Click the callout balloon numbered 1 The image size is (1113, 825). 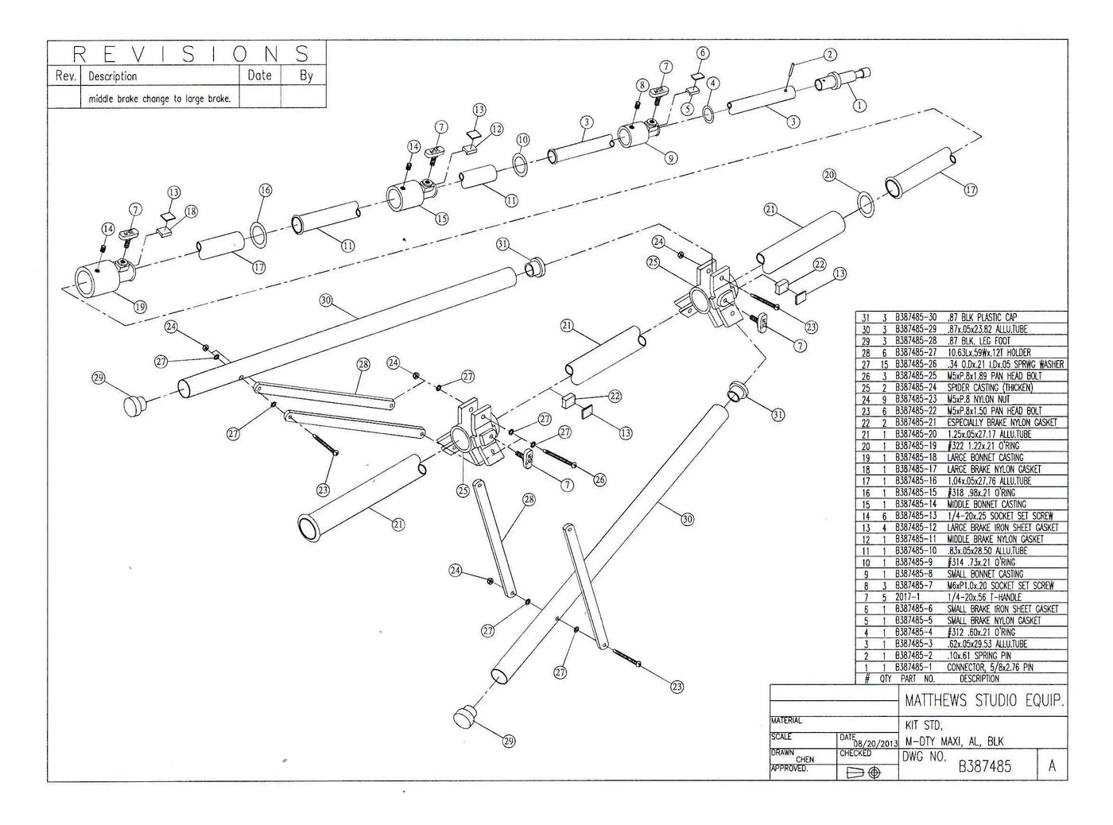tap(859, 104)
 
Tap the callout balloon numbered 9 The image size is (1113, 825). tap(671, 158)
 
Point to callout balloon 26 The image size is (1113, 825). tap(598, 479)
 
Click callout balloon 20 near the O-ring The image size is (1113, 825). tap(829, 175)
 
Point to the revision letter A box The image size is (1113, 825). tap(1052, 765)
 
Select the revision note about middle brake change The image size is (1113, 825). tap(159, 99)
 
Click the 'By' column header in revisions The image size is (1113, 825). tap(306, 76)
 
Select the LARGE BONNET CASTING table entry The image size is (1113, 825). tap(985, 457)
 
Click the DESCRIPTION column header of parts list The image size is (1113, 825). tap(979, 679)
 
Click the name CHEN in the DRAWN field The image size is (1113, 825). tap(805, 759)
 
